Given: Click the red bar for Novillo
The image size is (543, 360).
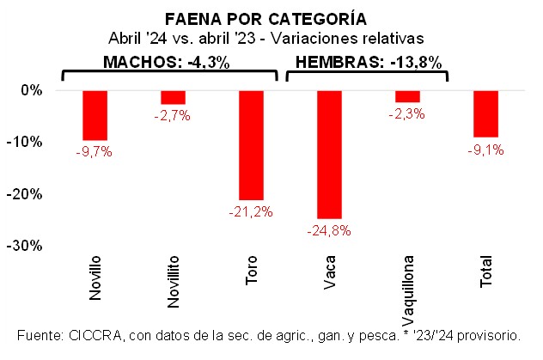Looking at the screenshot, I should click(95, 115).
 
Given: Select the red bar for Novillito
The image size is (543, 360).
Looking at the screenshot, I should click(173, 97).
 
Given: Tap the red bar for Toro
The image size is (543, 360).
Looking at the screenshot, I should click(251, 145).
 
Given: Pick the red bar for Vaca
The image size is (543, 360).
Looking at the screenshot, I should click(329, 155).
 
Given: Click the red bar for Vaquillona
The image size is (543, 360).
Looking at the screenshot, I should click(407, 96).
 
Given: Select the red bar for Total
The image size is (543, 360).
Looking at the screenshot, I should click(485, 113).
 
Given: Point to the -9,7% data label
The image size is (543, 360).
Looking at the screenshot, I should click(95, 152).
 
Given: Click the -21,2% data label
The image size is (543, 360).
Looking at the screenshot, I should click(252, 211).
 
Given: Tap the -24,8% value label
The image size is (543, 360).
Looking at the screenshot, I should click(330, 230).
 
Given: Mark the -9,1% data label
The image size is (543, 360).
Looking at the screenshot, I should click(486, 149).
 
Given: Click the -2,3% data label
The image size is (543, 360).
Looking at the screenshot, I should click(407, 113).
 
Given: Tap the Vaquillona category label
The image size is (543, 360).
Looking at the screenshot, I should click(408, 278).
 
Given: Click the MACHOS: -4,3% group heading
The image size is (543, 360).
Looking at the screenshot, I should click(168, 63).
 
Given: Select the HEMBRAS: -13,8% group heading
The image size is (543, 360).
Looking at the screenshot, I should click(368, 63).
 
